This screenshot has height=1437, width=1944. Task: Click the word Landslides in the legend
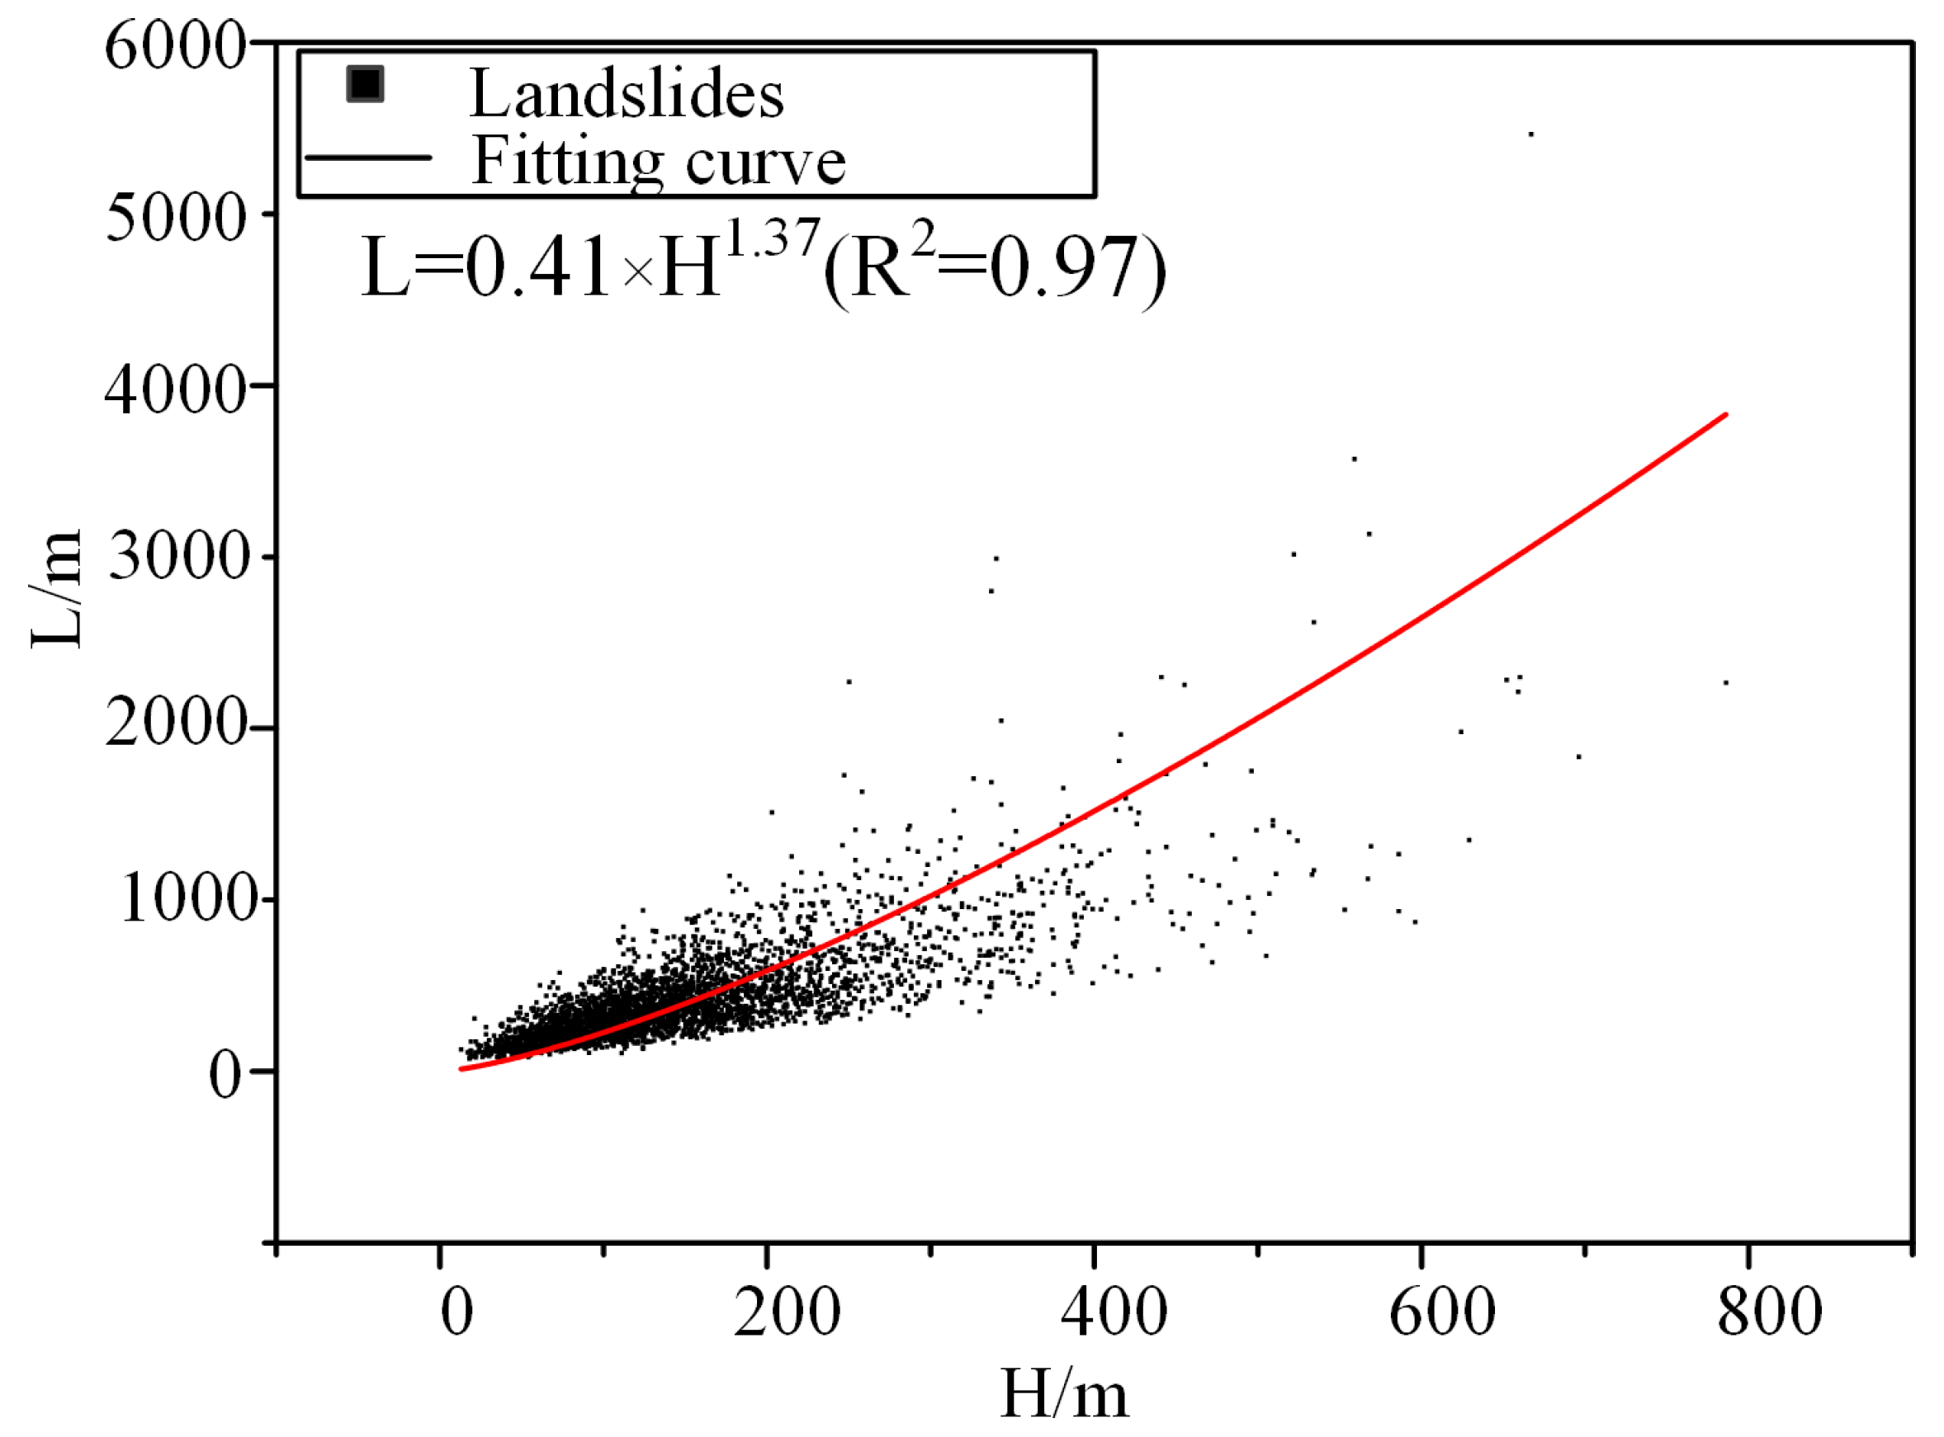point(627,93)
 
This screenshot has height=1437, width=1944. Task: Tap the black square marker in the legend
point(365,84)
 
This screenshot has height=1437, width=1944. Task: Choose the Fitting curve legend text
point(658,161)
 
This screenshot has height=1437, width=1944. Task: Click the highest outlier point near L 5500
point(1531,134)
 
